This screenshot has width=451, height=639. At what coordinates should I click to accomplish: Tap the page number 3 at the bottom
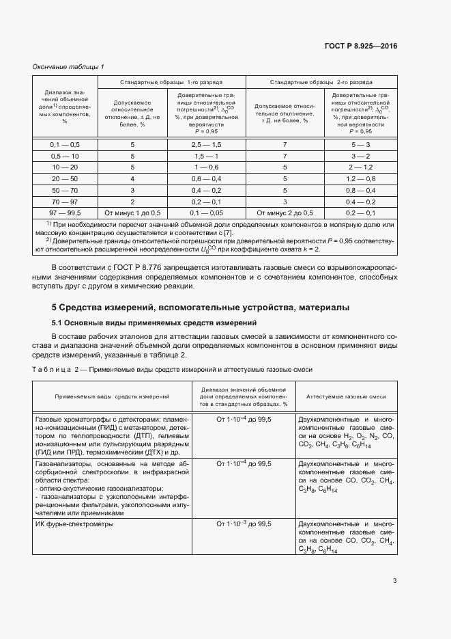[x=394, y=581]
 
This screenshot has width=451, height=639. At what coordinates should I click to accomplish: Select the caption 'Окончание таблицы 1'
[x=68, y=66]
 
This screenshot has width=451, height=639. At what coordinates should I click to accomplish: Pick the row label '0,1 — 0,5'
[x=65, y=145]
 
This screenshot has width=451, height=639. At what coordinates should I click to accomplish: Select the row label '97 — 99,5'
[x=65, y=213]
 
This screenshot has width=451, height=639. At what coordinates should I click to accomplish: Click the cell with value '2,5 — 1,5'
[x=206, y=145]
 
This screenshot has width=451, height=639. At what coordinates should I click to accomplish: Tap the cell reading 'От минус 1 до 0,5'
[x=133, y=213]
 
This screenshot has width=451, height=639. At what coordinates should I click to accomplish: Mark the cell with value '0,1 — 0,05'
[x=206, y=213]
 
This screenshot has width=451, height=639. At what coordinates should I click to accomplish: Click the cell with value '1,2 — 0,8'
[x=360, y=179]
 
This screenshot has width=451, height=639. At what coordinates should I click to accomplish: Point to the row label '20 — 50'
[x=65, y=179]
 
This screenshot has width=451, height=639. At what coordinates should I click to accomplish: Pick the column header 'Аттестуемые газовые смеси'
[x=346, y=396]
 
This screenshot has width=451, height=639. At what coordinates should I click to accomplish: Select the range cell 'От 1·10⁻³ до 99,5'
[x=244, y=524]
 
